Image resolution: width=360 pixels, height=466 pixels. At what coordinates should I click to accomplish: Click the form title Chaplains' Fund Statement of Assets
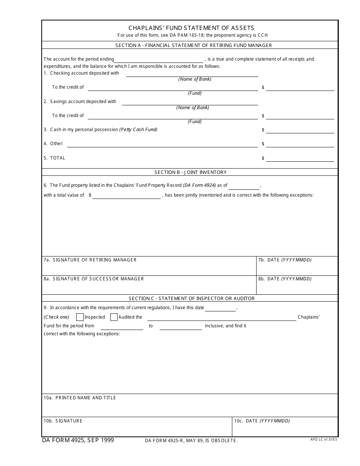point(191,28)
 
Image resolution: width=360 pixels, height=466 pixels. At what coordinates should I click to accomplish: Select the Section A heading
point(193,45)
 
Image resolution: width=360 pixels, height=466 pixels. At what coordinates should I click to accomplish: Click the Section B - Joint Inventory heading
point(190,172)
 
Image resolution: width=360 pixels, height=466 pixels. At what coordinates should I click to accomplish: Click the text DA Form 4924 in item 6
point(199,186)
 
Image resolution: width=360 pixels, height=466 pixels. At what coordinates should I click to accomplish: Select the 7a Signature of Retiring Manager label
point(90,260)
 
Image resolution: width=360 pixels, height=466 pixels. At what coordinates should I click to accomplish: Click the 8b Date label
point(285,279)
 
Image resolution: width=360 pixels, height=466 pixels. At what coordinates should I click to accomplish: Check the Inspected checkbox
point(80,317)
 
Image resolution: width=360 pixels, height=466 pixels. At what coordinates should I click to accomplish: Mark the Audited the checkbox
point(114,317)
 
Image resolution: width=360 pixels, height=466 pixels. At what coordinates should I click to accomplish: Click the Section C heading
point(191,299)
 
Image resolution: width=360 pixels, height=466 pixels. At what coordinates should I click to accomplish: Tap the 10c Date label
point(262,421)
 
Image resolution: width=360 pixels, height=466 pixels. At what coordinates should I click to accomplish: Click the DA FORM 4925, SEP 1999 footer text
point(78,440)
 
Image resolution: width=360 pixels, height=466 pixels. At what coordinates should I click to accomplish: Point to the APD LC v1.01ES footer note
point(323,439)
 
